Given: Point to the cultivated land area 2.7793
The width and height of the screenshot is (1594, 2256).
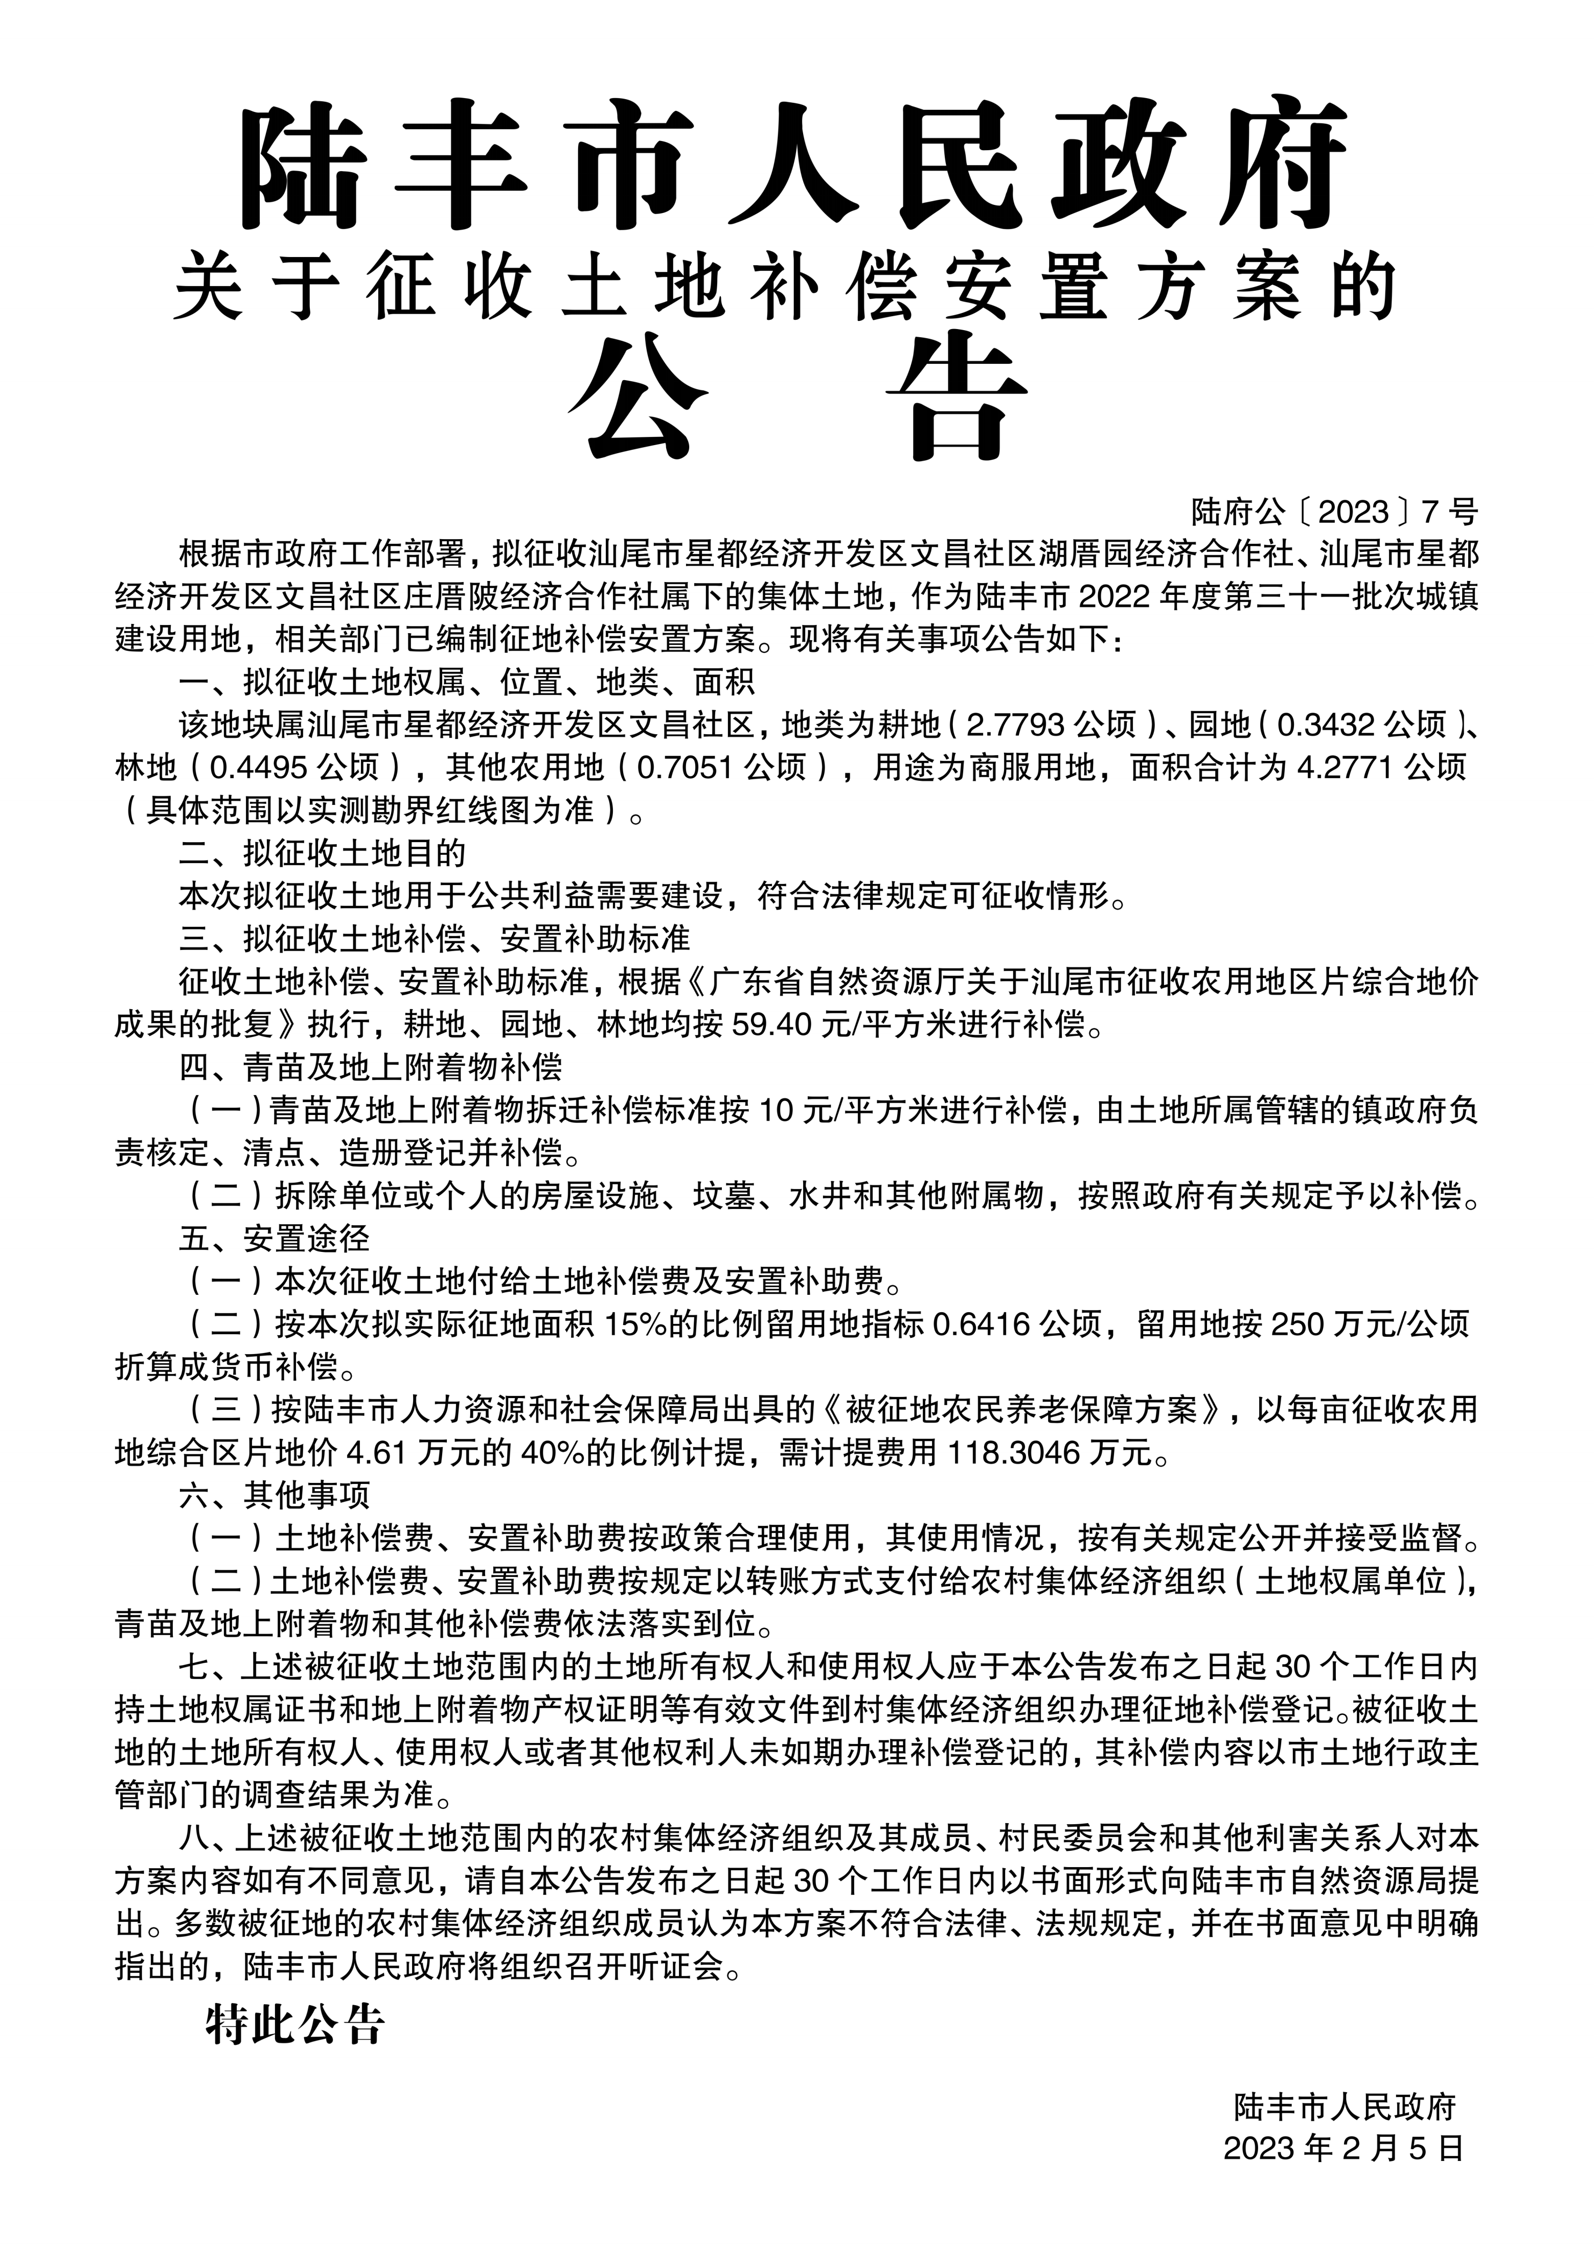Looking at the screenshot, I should click(x=1016, y=725).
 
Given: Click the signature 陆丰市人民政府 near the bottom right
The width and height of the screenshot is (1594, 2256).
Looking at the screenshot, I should click(x=1345, y=2133).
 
